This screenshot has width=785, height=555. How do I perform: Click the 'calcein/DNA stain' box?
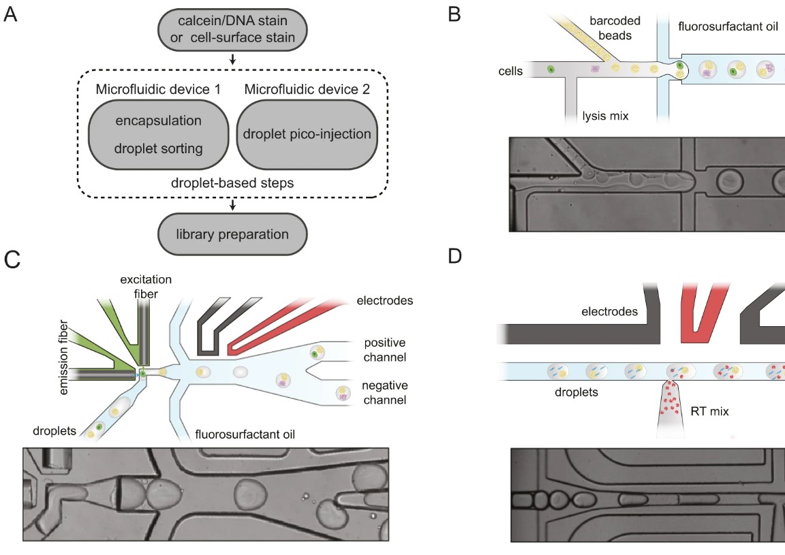[233, 29]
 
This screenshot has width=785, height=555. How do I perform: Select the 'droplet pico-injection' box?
[307, 133]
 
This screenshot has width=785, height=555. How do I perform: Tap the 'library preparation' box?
[232, 234]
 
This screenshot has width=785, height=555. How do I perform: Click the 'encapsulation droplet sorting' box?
[159, 133]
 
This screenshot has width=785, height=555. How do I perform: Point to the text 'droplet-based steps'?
[232, 184]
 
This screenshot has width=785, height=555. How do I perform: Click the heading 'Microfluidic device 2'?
[307, 89]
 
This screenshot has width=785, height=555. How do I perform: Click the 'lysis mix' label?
[604, 116]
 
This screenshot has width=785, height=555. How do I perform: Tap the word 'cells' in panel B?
[510, 70]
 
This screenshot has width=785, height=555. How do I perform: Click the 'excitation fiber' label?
[144, 285]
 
